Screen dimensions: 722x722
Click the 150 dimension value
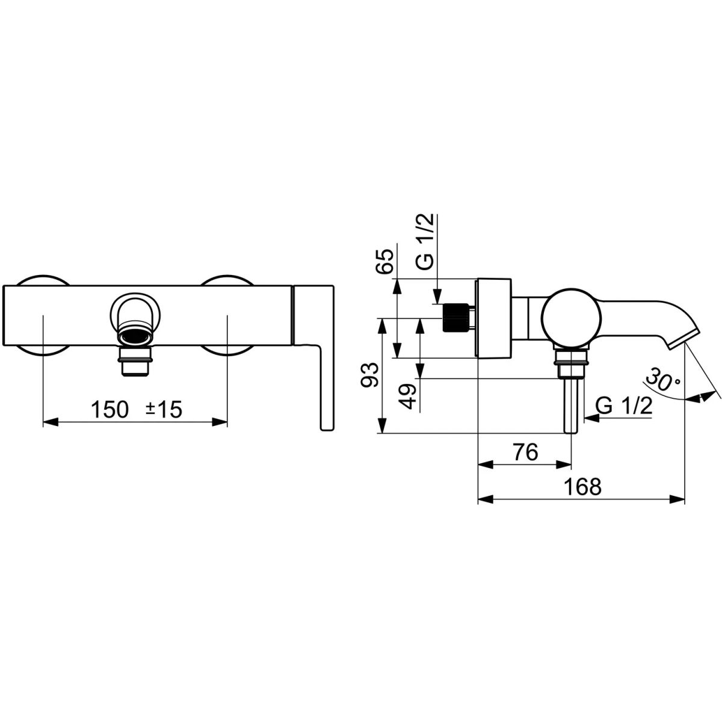click(110, 410)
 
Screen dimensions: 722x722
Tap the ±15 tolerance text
click(164, 410)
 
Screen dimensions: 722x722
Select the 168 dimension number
click(582, 487)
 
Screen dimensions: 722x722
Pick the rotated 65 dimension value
click(385, 261)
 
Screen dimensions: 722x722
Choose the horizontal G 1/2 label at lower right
click(624, 406)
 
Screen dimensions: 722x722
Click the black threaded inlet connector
click(456, 317)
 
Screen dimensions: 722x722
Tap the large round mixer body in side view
click(572, 318)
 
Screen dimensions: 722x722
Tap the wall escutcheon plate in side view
click(494, 318)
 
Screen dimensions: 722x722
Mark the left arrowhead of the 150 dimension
click(51, 422)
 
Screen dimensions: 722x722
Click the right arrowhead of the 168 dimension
click(677, 499)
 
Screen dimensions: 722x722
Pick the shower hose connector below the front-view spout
click(135, 361)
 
